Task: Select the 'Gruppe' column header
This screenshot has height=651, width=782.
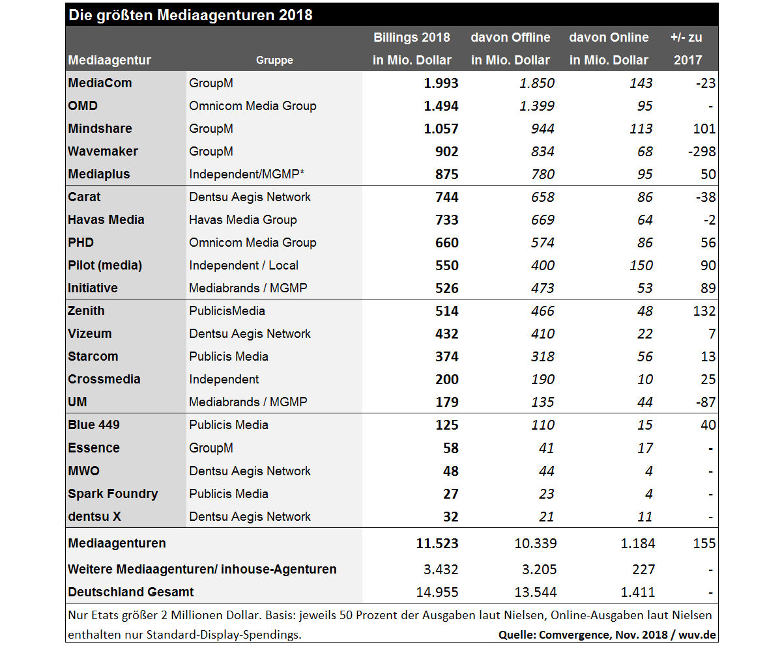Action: tap(274, 60)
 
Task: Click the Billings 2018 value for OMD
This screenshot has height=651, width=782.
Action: tap(441, 105)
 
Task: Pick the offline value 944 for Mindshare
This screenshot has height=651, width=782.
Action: tap(542, 128)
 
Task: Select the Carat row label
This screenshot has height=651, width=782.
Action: tap(85, 197)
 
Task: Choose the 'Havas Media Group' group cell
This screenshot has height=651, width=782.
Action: tap(243, 219)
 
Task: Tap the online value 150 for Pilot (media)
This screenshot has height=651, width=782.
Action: tap(641, 265)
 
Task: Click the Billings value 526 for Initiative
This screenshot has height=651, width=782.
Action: tap(446, 288)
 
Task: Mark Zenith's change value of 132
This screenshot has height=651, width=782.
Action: tap(704, 311)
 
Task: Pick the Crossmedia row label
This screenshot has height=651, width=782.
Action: tap(104, 379)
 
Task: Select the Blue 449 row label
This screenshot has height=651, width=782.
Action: tap(94, 424)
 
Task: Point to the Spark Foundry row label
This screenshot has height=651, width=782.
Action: tap(113, 493)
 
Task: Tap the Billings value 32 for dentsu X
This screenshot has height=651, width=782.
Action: tap(450, 516)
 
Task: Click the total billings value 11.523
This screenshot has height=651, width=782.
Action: tap(437, 543)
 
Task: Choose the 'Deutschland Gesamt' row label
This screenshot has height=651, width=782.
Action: tap(131, 592)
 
